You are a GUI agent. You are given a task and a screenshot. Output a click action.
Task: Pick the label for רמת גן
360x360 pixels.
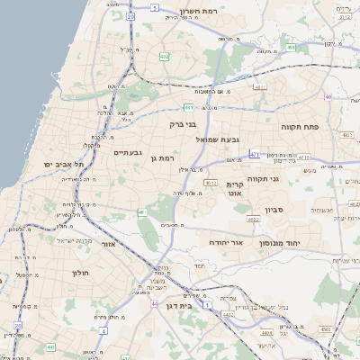coord(160,159)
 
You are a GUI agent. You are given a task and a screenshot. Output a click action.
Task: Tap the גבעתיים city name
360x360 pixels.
coord(128,153)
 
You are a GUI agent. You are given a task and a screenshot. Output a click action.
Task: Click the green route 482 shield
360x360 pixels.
coord(164,56)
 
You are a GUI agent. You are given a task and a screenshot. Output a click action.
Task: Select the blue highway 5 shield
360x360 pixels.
coord(156,7)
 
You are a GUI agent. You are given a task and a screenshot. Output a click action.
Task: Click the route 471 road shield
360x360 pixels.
coord(255,155)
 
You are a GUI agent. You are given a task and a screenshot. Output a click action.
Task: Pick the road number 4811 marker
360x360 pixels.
coord(261,87)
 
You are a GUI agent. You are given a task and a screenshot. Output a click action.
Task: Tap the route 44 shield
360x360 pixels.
coord(154,303)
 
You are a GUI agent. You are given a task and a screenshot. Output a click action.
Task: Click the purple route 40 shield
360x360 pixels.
coord(328,96)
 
